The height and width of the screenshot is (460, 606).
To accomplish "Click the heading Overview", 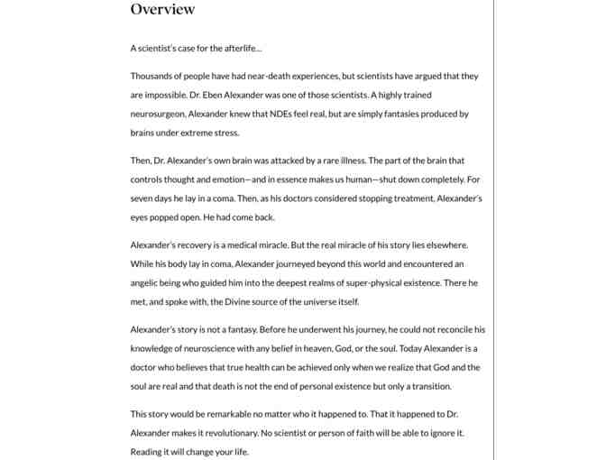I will [162, 9].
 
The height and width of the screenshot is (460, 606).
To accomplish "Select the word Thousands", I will [151, 76].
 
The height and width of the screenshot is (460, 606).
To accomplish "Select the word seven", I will [142, 198].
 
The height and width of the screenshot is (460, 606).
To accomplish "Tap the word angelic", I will [147, 283].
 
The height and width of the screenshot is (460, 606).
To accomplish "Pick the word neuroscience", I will [210, 348].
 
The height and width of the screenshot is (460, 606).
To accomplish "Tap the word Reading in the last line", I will [148, 452].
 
